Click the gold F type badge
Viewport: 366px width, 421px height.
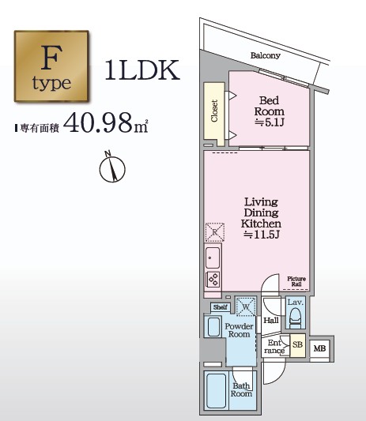pos(51,66)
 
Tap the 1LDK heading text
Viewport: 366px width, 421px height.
pos(142,70)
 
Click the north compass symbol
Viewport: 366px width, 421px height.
pos(112,168)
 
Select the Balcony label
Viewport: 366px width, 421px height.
pos(266,55)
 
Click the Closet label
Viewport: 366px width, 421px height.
pos(214,111)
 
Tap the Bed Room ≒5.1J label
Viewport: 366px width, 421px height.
pos(269,111)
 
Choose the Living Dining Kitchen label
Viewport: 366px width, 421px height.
pos(261,218)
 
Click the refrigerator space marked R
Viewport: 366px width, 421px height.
pos(215,232)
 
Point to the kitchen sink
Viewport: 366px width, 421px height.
pos(213,257)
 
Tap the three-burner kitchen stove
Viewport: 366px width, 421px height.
pos(213,280)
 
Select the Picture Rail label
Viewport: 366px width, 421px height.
pos(296,281)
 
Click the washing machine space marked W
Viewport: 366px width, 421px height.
pos(246,306)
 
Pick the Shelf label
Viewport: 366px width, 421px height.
pos(221,307)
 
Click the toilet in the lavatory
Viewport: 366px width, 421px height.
pos(296,317)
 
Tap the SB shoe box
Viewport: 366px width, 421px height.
pos(298,345)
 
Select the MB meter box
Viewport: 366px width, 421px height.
pos(319,348)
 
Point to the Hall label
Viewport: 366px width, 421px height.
pos(271,321)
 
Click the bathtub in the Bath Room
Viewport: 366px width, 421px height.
pos(216,390)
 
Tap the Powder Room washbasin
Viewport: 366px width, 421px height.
pos(213,326)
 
